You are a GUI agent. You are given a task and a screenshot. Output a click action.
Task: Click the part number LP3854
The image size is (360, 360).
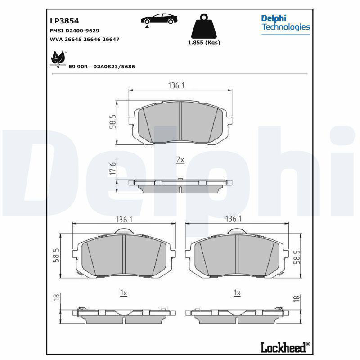(x=64, y=21)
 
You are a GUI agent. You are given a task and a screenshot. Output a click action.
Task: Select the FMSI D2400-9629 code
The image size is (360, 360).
(x=74, y=31)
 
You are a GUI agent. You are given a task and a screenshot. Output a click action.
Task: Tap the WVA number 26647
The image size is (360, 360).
(x=111, y=39)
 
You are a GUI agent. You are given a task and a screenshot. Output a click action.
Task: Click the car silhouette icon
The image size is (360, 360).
(x=159, y=19)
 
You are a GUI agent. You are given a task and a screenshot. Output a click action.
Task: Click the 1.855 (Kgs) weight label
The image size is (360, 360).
(x=204, y=42)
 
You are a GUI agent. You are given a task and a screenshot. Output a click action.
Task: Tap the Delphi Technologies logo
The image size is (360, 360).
(x=286, y=24)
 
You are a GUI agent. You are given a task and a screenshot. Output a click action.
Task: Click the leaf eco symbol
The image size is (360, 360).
(x=58, y=59)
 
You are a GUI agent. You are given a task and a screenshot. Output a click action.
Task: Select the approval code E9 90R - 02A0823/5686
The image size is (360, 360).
(x=102, y=67)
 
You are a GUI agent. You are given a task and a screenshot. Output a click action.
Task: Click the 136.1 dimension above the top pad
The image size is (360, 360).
(x=176, y=85)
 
